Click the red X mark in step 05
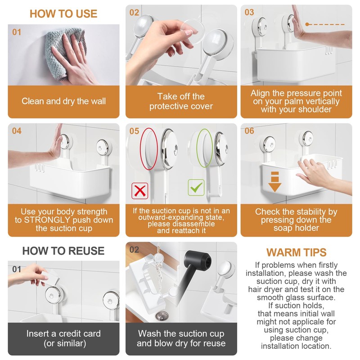point(140,191)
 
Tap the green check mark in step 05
point(196,188)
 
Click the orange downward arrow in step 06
point(275,182)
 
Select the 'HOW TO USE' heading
point(63,14)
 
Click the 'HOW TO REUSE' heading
point(63,251)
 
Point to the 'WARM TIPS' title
point(296,252)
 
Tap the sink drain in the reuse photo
point(162,316)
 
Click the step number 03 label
point(249,12)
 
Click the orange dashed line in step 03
point(325,24)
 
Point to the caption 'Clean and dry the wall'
point(63,101)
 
